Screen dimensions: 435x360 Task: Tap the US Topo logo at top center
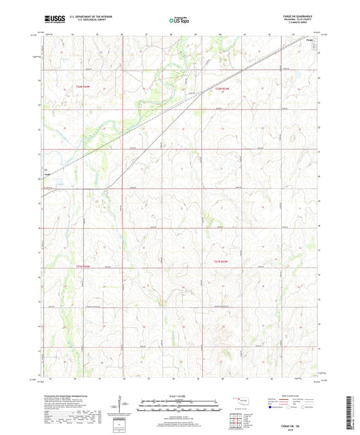click(x=179, y=20)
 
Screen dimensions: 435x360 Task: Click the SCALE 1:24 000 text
click(x=179, y=395)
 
